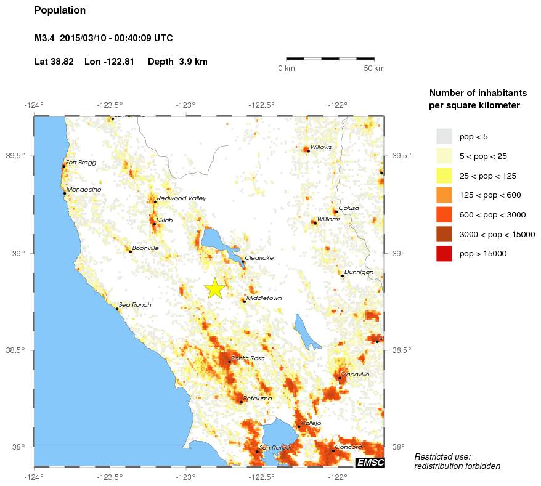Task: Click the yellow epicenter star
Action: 214,288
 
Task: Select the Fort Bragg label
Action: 81,163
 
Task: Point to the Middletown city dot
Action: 245,301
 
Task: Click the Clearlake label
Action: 259,258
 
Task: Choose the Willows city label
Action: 321,147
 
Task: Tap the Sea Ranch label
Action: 134,305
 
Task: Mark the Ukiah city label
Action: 165,220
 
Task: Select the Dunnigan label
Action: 359,272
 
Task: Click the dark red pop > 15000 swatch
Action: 444,253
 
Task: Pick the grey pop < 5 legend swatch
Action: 444,136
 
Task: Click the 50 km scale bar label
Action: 374,68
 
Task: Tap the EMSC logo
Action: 370,462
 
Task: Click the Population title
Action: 60,10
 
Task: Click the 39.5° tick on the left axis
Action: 17,156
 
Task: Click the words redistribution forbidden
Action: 457,466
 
